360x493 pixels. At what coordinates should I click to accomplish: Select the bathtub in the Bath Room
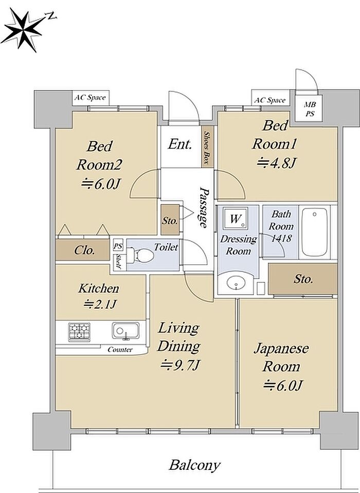click(314, 232)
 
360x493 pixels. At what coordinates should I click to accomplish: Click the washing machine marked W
click(235, 218)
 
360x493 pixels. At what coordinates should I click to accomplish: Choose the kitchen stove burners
click(79, 332)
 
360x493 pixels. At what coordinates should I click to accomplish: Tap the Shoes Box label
click(207, 147)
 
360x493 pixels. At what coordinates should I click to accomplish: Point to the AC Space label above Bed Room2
click(89, 98)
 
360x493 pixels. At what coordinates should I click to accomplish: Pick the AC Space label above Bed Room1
click(269, 100)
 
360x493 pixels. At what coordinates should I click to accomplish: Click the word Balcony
click(194, 465)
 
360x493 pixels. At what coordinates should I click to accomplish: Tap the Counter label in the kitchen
click(120, 350)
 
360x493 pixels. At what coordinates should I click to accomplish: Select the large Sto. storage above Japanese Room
click(303, 279)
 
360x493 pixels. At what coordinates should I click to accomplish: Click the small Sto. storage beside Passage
click(170, 220)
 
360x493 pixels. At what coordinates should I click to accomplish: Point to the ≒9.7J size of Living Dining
click(180, 366)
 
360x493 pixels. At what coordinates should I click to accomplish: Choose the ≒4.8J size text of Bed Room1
click(277, 163)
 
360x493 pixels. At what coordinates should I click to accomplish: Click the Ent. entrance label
click(179, 144)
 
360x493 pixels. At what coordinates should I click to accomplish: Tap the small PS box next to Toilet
click(118, 246)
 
